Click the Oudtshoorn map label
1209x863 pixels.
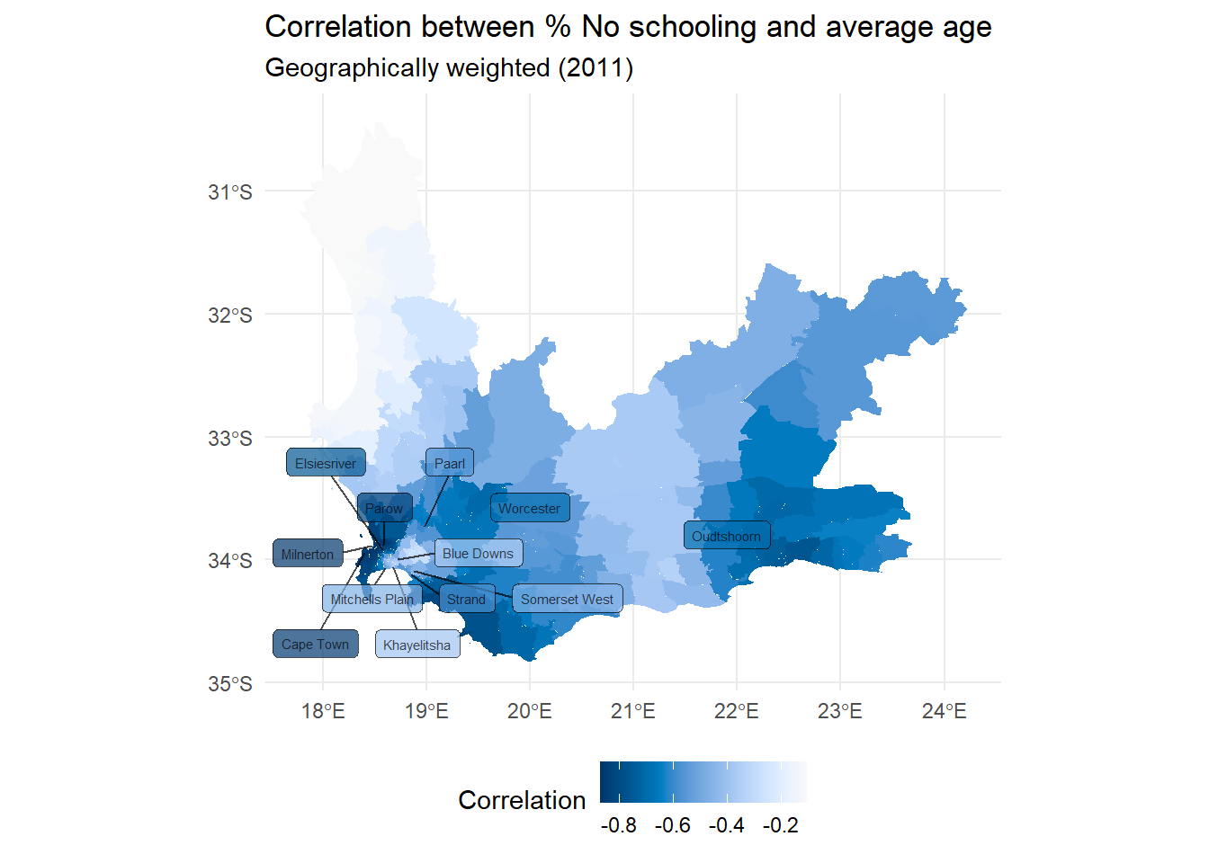727,536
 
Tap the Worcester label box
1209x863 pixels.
530,508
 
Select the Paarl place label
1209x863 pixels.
450,463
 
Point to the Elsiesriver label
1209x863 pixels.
326,463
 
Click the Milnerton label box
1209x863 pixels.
308,554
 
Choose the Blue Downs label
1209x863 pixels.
478,553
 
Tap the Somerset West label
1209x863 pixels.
567,599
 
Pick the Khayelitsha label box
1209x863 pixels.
416,645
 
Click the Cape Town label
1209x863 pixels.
315,644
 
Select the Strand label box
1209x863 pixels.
466,599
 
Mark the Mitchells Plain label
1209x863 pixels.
372,599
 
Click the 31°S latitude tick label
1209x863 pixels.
230,191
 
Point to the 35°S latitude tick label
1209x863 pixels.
230,683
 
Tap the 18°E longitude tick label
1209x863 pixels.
323,711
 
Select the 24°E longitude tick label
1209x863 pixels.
944,711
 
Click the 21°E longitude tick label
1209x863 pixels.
633,711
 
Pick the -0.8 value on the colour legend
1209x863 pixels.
618,825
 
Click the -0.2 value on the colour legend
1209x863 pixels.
780,825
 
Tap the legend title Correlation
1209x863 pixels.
522,800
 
